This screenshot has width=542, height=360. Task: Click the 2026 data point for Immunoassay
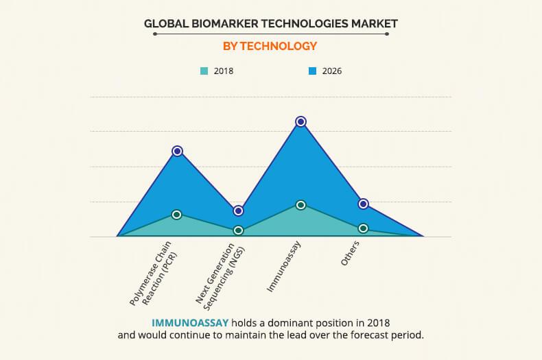[x=301, y=121]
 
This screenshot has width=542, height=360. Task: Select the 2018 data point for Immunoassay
[x=301, y=204]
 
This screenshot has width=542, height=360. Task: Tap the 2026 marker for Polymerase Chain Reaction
[x=177, y=151]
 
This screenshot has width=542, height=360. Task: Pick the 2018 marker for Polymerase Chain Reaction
[x=177, y=215]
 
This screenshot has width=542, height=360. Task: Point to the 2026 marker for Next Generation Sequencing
[x=238, y=211]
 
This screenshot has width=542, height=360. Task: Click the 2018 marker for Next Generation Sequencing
[x=238, y=230]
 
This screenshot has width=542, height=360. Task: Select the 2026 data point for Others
[x=363, y=204]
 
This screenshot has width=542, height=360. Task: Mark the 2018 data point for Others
[x=363, y=228]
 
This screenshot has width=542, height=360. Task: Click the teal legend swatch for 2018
[x=204, y=71]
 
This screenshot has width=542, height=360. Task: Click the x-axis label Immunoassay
[x=284, y=267]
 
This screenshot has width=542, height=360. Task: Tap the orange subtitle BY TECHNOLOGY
[x=270, y=46]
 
